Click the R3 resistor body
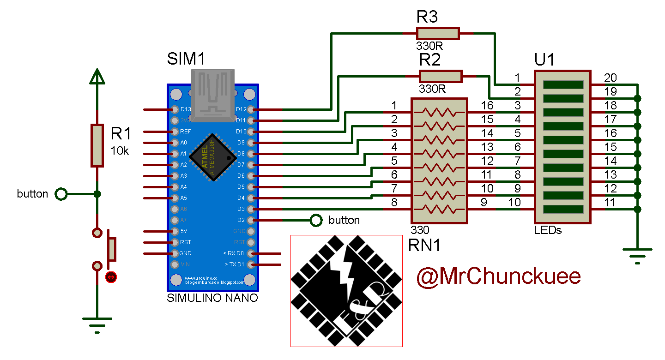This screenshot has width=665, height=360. [437, 33]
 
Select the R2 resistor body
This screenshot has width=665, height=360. [440, 76]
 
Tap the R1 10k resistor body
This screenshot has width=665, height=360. [97, 145]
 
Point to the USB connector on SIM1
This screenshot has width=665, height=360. [212, 95]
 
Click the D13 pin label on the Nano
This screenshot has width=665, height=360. [185, 109]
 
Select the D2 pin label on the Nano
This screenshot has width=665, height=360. [241, 220]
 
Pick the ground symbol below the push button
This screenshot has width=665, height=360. [97, 323]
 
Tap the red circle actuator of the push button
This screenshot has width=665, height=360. [111, 277]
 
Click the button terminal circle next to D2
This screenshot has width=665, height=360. [316, 220]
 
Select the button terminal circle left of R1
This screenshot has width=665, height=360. [61, 194]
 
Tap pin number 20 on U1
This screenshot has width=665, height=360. [610, 78]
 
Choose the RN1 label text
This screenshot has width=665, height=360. [424, 246]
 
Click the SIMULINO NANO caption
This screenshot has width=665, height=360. [212, 298]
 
